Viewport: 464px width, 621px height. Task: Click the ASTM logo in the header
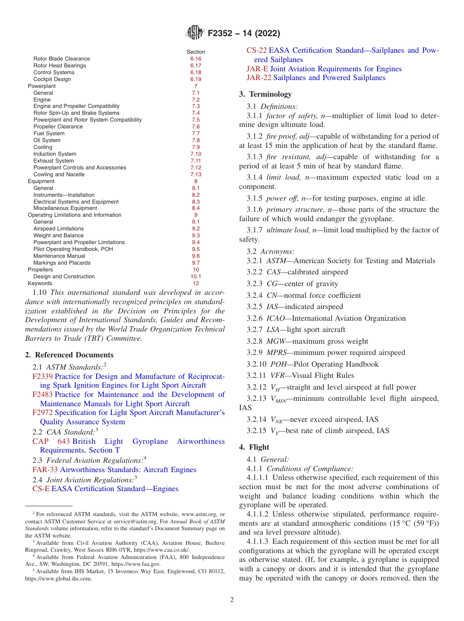pos(195,33)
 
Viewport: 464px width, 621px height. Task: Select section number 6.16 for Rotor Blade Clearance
pos(196,59)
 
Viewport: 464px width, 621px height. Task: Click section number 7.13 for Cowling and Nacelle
pos(196,174)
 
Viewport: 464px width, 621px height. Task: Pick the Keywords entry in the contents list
pos(40,283)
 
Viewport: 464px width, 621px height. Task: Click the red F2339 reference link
pos(42,376)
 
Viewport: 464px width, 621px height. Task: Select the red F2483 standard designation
pos(42,394)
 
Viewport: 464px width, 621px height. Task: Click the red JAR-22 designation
pos(259,78)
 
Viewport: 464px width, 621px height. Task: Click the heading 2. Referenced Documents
pos(69,355)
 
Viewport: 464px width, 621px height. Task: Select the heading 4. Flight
pos(254,447)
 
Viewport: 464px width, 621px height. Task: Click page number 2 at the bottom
pos(232,600)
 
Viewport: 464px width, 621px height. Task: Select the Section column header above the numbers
pos(196,52)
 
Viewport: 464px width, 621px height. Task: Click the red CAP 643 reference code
pos(51,441)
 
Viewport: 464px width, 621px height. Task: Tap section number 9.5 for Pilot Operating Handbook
pos(196,249)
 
